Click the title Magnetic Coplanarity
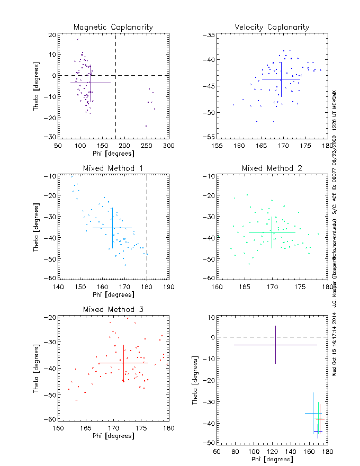coord(113,27)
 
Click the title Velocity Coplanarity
coord(272,27)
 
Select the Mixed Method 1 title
coord(113,168)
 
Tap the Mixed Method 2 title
coord(272,168)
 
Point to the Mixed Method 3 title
coord(113,309)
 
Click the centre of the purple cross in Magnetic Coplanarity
coord(91,83)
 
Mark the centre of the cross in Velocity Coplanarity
coord(281,79)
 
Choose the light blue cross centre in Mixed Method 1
coord(112,228)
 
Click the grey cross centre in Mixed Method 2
coord(272,232)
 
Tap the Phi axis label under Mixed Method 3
coord(113,436)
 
